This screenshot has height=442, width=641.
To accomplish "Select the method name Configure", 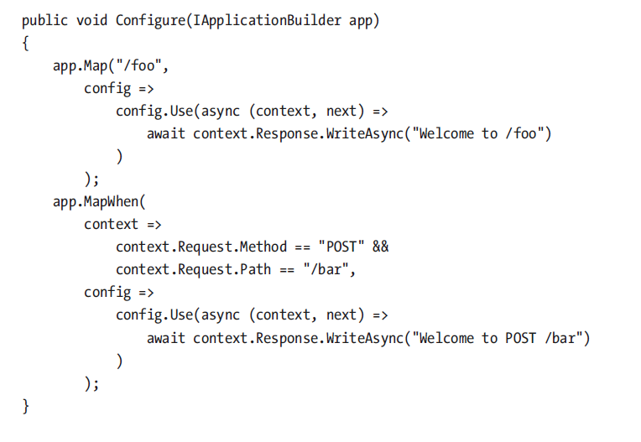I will coord(148,19).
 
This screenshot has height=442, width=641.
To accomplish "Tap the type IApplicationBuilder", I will coord(269,19).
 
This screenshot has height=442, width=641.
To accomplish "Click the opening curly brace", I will coord(25,42).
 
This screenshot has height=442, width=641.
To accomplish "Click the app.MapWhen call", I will coord(91,201).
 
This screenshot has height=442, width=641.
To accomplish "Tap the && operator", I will coord(380,247).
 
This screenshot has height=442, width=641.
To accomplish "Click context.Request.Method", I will coord(201,247).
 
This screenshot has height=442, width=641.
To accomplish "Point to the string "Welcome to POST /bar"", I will coord(500,338).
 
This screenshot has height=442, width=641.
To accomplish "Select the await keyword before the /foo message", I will coord(166,133).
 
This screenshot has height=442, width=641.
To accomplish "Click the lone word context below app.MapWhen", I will coord(112,225).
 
